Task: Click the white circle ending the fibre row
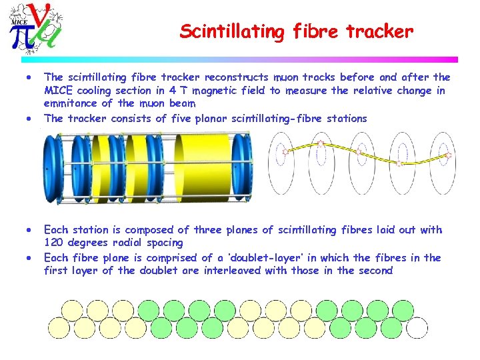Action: pos(417,328)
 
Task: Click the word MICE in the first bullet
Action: pos(57,91)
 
